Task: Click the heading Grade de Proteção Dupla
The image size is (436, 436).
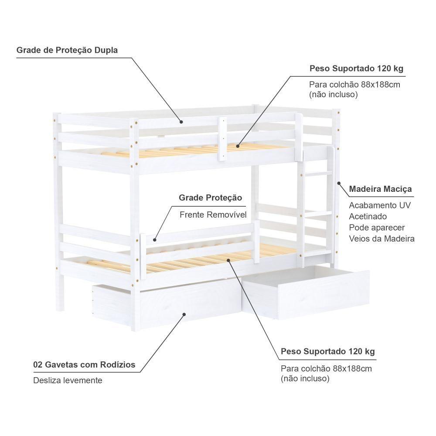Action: tap(67, 50)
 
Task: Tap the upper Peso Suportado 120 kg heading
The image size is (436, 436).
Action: tap(357, 68)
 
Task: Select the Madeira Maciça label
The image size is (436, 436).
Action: tap(380, 189)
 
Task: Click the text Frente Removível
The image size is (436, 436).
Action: tap(213, 215)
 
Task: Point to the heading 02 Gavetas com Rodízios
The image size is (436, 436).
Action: tap(84, 364)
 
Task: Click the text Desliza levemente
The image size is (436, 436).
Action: tap(68, 380)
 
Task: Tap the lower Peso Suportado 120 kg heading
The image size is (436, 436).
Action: tap(328, 351)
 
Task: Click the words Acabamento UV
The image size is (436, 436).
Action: tap(380, 205)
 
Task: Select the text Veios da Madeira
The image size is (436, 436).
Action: tap(382, 238)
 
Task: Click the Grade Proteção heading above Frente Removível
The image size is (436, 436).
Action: tap(210, 198)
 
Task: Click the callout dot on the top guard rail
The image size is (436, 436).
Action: tap(181, 122)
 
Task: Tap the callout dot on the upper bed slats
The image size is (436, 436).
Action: tap(238, 146)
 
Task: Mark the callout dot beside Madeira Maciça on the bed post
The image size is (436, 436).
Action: tap(339, 183)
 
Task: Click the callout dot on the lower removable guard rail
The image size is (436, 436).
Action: tap(155, 240)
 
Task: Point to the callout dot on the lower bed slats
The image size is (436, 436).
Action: tap(228, 260)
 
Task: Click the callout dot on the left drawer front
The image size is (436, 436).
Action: tap(184, 314)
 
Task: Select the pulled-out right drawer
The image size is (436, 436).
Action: tap(306, 292)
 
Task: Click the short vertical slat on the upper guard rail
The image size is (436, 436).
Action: tap(222, 139)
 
